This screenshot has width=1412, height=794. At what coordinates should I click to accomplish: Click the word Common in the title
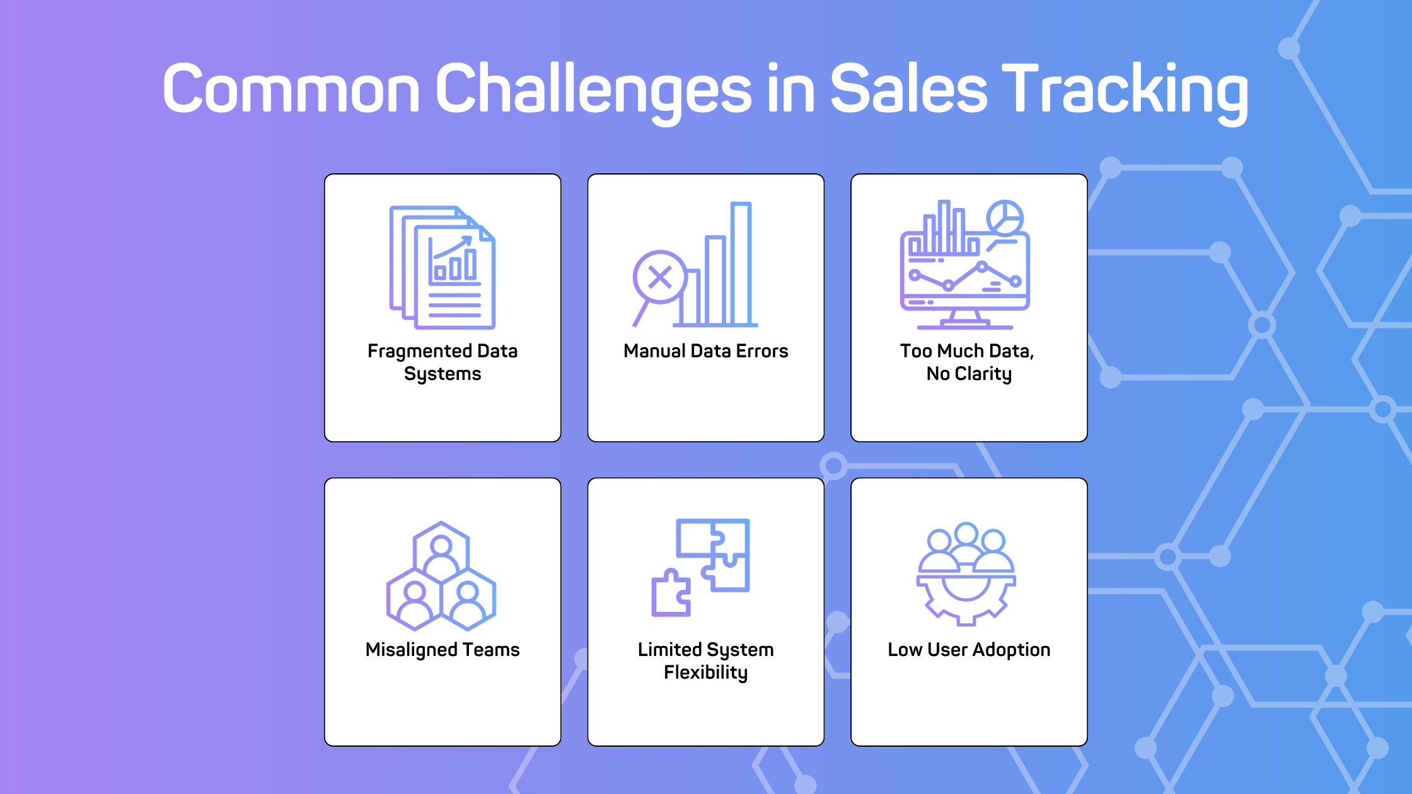pyautogui.click(x=291, y=88)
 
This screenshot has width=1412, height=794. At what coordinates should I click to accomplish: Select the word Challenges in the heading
pyautogui.click(x=593, y=92)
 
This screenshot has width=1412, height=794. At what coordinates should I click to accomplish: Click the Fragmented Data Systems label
pyautogui.click(x=443, y=362)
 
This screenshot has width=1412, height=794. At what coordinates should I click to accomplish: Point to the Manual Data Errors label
pyautogui.click(x=706, y=351)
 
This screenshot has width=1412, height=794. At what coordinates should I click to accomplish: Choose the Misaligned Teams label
pyautogui.click(x=443, y=650)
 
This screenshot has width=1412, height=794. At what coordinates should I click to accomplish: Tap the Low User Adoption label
pyautogui.click(x=969, y=650)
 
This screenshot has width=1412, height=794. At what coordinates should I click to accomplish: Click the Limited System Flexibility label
pyautogui.click(x=706, y=661)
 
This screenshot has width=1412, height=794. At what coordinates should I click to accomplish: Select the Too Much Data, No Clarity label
pyautogui.click(x=969, y=362)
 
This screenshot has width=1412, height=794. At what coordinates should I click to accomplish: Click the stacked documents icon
pyautogui.click(x=443, y=267)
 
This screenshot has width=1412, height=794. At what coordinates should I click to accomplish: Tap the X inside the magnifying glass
pyautogui.click(x=660, y=277)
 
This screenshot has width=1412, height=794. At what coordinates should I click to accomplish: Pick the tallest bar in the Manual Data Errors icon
pyautogui.click(x=741, y=263)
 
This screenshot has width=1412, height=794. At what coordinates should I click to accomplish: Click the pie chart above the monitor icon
pyautogui.click(x=1005, y=218)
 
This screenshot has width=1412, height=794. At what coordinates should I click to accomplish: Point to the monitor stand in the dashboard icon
pyautogui.click(x=965, y=319)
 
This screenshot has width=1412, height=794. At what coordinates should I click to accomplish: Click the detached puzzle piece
pyautogui.click(x=671, y=593)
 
